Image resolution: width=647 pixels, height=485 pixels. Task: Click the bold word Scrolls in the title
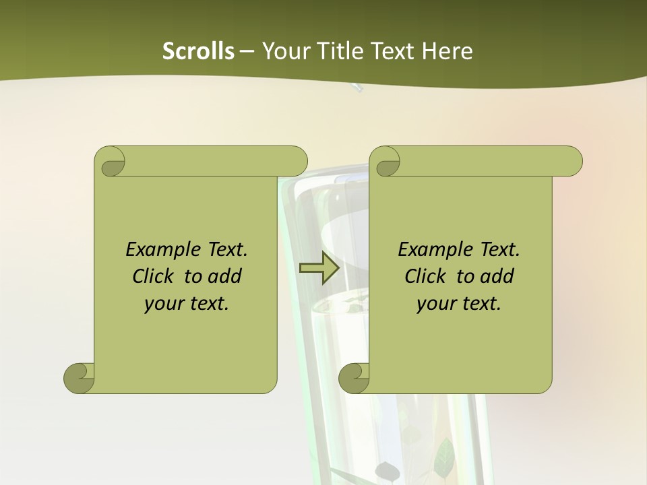coord(198,51)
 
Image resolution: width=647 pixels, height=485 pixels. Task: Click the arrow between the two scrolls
coord(319,267)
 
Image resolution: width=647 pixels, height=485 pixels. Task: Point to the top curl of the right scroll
coord(386,162)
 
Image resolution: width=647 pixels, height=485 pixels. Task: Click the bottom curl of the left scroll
coord(80,378)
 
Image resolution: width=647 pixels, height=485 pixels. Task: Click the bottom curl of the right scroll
coord(354,378)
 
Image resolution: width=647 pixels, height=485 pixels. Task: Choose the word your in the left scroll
coord(162,304)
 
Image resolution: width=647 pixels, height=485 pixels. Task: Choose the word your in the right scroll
coord(434,304)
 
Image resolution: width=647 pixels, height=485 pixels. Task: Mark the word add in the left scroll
coord(224,276)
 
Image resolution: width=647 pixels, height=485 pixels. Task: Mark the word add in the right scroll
coord(496,276)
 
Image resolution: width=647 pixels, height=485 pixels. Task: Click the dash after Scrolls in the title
coord(247,51)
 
